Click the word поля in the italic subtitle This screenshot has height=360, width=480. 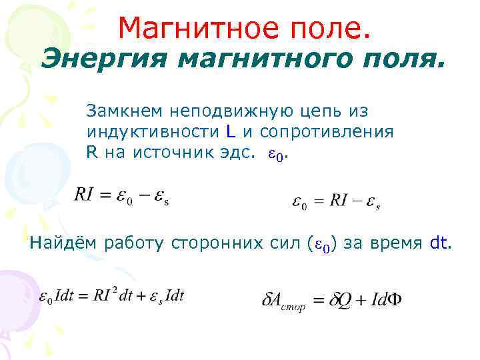point(393,61)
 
